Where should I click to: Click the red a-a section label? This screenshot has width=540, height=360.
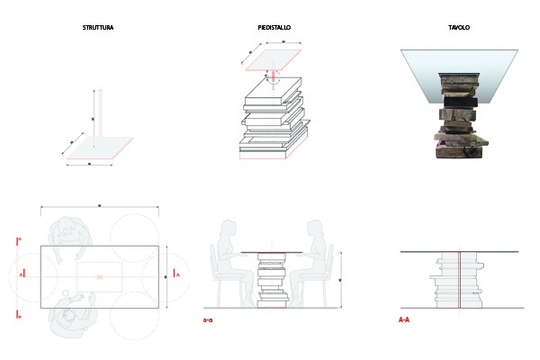[208, 319]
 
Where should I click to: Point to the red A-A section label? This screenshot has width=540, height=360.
[405, 319]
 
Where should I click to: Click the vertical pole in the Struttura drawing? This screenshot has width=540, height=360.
[97, 117]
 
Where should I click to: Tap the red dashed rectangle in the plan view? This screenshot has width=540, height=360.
[99, 275]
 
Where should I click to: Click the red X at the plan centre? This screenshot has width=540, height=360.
[99, 275]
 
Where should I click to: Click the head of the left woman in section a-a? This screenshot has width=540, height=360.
[220, 229]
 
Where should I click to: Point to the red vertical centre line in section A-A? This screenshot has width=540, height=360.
[459, 279]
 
